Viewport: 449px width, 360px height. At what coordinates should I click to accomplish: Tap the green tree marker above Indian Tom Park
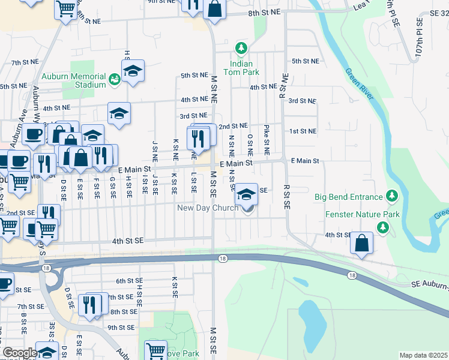tap(241, 47)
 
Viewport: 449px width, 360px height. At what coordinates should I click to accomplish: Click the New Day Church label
tap(208, 208)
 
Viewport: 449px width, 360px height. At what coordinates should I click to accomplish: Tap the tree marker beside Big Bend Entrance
tap(393, 196)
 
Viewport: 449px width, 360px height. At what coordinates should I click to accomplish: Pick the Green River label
tap(359, 87)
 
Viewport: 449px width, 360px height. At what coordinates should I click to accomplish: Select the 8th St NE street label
tap(264, 13)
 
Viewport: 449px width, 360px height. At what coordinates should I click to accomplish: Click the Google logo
tap(20, 353)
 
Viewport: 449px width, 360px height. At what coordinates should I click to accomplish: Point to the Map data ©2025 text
tap(423, 355)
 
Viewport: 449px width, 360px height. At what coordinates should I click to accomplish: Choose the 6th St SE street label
tap(129, 281)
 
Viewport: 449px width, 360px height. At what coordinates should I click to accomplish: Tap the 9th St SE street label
tap(120, 328)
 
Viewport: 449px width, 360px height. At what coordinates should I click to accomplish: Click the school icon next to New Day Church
tap(246, 194)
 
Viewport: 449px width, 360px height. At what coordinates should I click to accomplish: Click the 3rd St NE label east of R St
tap(302, 101)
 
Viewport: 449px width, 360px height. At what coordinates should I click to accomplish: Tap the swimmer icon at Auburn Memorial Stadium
tap(113, 78)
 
